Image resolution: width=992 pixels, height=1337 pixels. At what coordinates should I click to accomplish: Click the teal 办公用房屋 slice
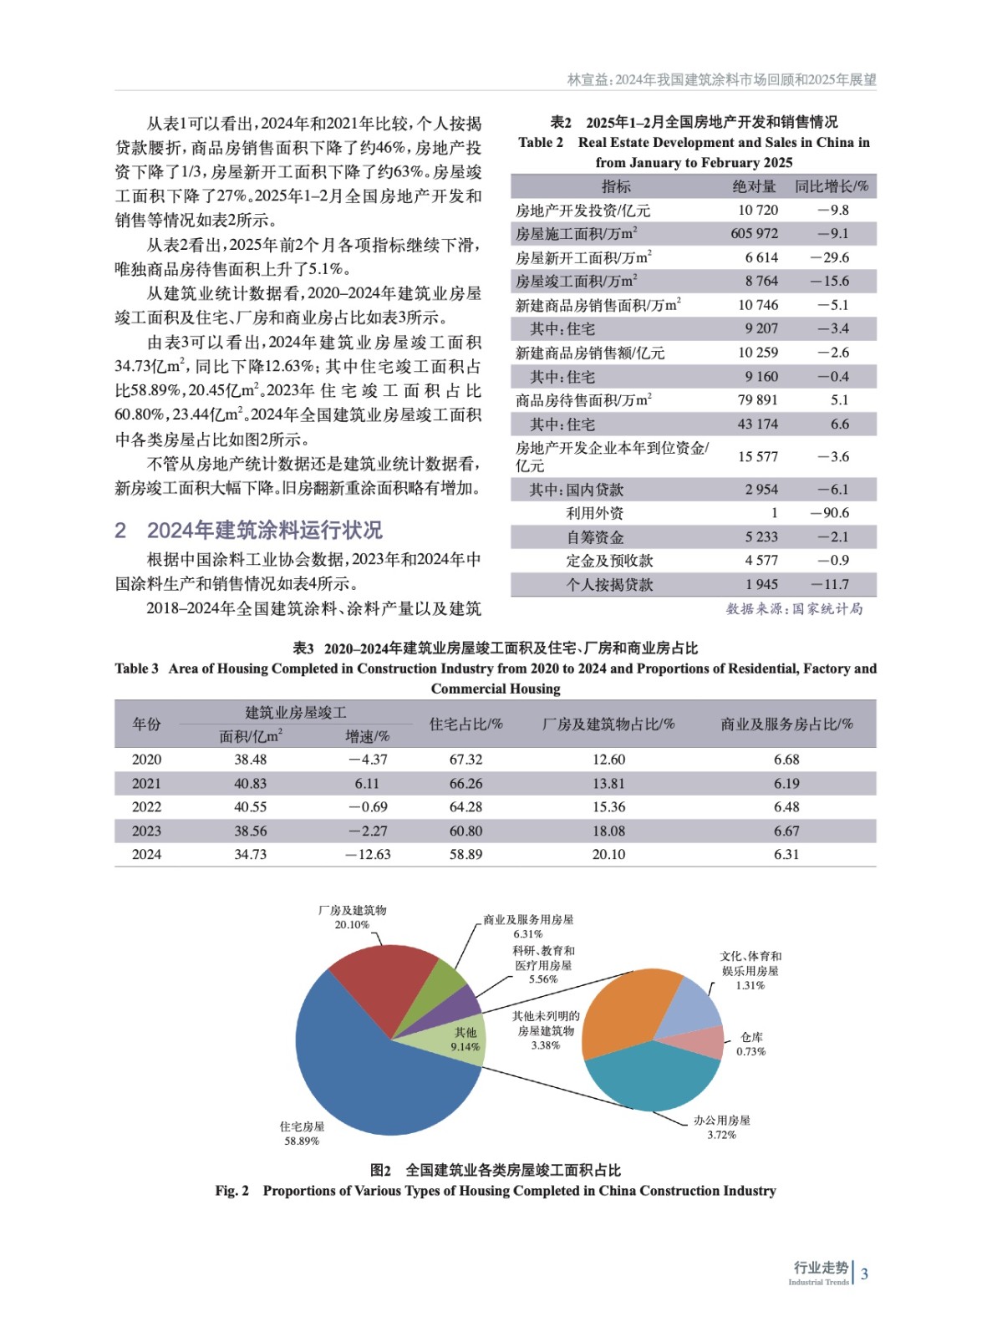(x=652, y=1078)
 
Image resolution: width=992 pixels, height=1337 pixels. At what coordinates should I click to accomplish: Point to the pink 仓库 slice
(x=704, y=1042)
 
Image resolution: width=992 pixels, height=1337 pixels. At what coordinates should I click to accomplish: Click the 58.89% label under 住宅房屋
(x=302, y=1141)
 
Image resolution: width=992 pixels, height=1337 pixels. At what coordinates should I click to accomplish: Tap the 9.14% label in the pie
(x=465, y=1046)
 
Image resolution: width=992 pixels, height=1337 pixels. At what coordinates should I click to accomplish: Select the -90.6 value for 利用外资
(x=829, y=513)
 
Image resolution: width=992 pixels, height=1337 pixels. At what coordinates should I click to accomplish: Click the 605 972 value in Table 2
(x=754, y=234)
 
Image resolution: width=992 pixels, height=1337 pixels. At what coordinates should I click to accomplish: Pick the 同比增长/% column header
(x=831, y=186)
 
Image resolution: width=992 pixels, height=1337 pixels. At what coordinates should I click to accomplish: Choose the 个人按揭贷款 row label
(x=609, y=585)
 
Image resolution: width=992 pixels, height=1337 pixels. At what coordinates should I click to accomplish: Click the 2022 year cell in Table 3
(x=146, y=807)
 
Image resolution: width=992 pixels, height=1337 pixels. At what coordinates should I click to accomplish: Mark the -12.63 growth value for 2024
(x=368, y=855)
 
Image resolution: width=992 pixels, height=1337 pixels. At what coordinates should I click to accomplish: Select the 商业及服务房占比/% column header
(x=786, y=724)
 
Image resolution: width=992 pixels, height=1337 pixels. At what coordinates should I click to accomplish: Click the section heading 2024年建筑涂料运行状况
(x=264, y=531)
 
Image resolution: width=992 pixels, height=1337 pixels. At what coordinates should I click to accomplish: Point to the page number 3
(x=865, y=1274)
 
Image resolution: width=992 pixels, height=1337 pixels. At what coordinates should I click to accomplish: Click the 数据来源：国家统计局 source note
(x=794, y=609)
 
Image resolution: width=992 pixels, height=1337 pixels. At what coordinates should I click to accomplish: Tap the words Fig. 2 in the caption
(x=231, y=1191)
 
